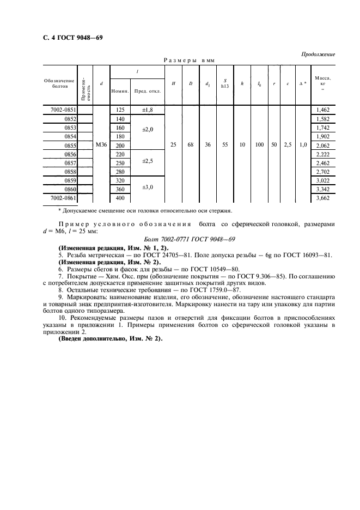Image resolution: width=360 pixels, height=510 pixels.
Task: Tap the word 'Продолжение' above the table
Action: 318,54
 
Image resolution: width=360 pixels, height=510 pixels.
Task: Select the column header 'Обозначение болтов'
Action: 59,83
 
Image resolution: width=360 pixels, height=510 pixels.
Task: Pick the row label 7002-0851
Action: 63,110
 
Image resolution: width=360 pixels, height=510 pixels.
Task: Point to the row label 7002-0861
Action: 63,198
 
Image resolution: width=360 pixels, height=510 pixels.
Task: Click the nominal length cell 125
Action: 120,110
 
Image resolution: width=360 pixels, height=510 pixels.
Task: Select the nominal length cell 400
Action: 120,198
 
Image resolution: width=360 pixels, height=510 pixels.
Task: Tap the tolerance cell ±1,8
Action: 148,110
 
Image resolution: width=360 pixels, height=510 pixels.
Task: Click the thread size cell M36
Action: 101,145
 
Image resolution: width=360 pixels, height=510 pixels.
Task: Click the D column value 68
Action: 191,145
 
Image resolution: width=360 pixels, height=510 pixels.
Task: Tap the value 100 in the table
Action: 260,145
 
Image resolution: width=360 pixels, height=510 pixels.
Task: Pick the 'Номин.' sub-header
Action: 120,91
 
